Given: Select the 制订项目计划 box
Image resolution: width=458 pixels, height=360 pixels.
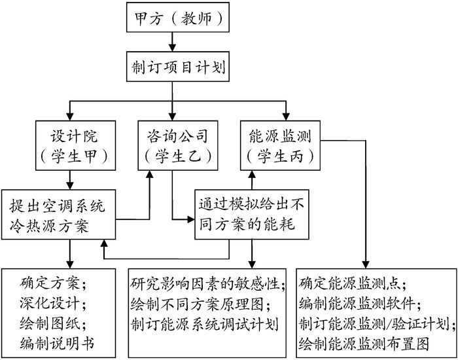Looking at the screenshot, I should [173, 67].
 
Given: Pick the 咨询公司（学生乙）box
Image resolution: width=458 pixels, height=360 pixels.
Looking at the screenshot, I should [173, 146].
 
